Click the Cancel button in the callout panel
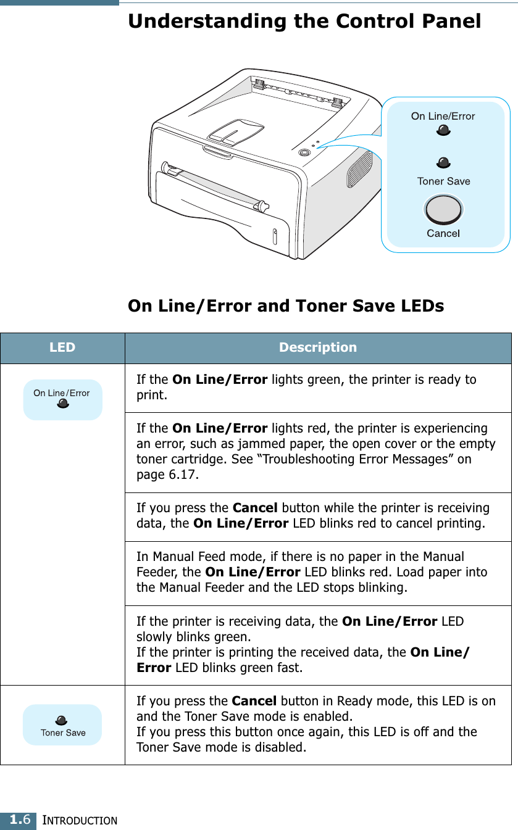(443, 210)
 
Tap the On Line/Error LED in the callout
(443, 130)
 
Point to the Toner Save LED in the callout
(443, 163)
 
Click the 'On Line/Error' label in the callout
(443, 116)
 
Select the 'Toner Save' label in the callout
(443, 181)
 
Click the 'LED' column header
(62, 347)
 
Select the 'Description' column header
(317, 347)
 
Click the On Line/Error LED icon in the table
(62, 404)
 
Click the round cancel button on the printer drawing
(304, 152)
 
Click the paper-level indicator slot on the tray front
(275, 237)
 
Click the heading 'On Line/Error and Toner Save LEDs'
(285, 306)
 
